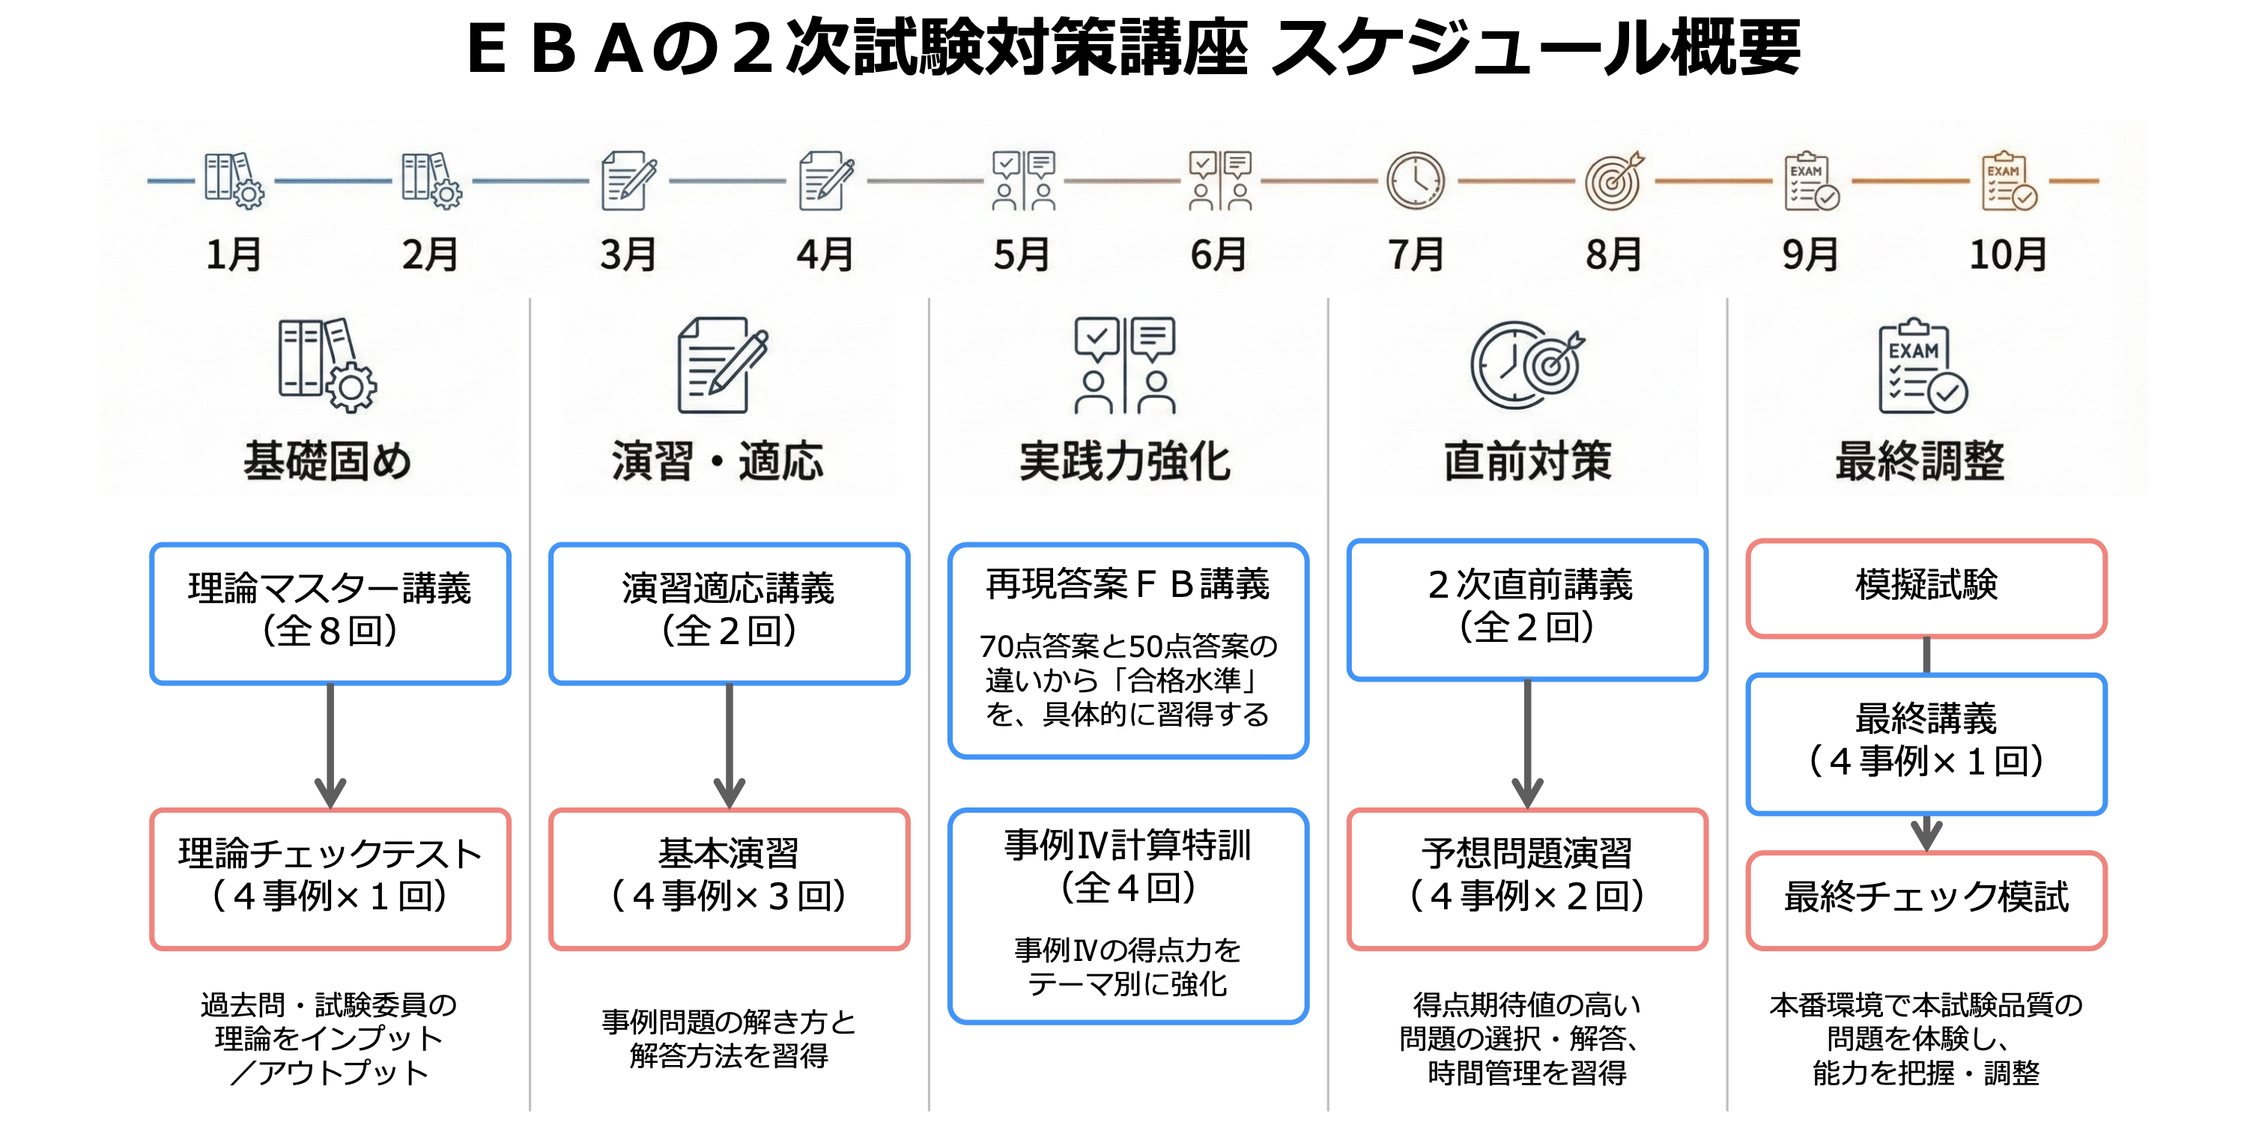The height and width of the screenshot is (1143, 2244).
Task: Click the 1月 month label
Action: (x=234, y=255)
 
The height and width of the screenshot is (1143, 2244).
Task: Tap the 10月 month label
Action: (x=2007, y=255)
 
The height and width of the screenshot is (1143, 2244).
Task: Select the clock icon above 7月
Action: (x=1416, y=181)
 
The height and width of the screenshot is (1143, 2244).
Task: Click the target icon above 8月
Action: (x=1613, y=181)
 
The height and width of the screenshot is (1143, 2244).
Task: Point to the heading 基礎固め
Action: (x=327, y=460)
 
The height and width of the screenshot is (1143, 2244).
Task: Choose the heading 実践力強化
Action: (x=1126, y=460)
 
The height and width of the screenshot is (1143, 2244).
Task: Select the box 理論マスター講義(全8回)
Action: (x=330, y=613)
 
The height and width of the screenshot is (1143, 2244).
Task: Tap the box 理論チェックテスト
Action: (x=330, y=878)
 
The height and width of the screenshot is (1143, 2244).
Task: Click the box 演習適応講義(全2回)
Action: (x=729, y=613)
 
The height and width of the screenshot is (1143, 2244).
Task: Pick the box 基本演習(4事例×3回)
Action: (x=729, y=878)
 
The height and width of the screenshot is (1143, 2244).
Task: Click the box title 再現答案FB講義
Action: (x=1128, y=583)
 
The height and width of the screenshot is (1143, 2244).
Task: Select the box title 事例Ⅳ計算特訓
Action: (x=1128, y=845)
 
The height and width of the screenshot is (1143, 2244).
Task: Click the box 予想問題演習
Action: (x=1527, y=878)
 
